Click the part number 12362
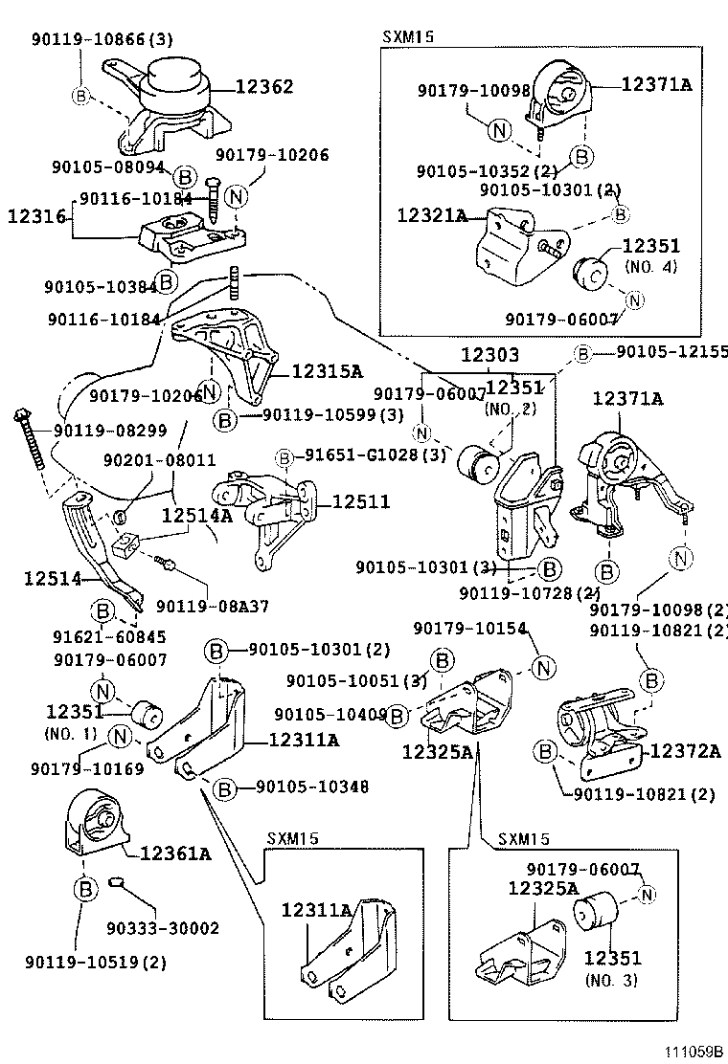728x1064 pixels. click(x=264, y=87)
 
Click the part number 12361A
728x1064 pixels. click(x=175, y=853)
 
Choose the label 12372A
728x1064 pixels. click(x=685, y=750)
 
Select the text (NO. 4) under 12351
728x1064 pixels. click(x=650, y=266)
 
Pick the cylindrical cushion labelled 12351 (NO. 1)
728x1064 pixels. click(x=148, y=713)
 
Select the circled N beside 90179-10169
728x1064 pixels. click(x=120, y=736)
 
